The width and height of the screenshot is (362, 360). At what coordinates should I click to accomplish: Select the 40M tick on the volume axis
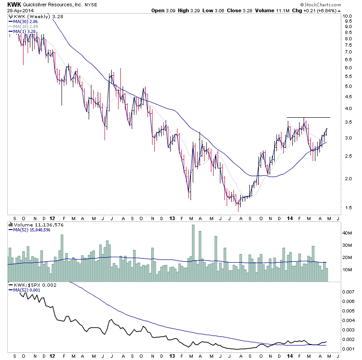point(347,233)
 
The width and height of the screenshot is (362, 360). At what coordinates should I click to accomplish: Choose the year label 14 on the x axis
point(290,217)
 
